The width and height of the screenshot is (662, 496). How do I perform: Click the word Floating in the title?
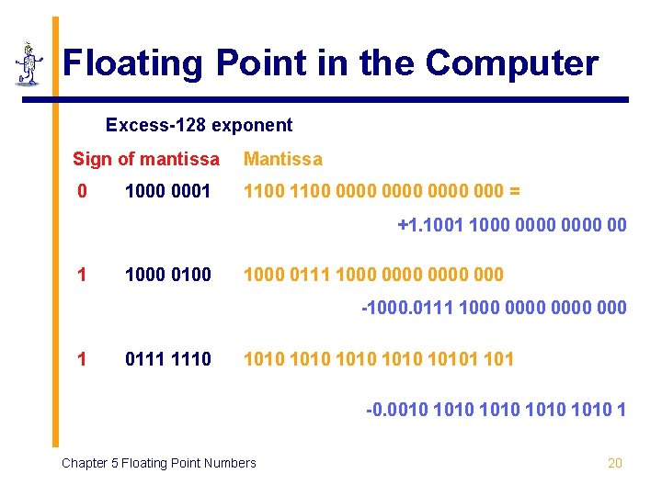pyautogui.click(x=133, y=63)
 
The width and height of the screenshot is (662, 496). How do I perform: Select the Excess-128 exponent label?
pyautogui.click(x=199, y=125)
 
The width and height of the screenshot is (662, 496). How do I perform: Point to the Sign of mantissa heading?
pyautogui.click(x=146, y=159)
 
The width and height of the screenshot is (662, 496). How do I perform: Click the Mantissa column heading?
pyautogui.click(x=283, y=159)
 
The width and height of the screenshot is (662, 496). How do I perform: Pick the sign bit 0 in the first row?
pyautogui.click(x=83, y=192)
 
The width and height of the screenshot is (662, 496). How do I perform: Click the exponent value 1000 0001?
pyautogui.click(x=168, y=192)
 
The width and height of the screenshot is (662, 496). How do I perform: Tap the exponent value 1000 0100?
pyautogui.click(x=168, y=275)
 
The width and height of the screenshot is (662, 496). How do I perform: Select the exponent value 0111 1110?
pyautogui.click(x=168, y=358)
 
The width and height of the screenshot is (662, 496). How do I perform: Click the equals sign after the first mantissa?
pyautogui.click(x=514, y=192)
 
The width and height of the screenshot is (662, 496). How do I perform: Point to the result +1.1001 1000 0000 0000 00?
pyautogui.click(x=512, y=224)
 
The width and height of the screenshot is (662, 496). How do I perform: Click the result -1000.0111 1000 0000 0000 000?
pyautogui.click(x=495, y=308)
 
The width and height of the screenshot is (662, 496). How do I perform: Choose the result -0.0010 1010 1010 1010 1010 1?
pyautogui.click(x=496, y=410)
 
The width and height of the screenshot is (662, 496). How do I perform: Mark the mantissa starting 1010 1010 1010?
pyautogui.click(x=378, y=358)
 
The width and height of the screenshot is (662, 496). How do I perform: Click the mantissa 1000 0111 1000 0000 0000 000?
pyautogui.click(x=373, y=275)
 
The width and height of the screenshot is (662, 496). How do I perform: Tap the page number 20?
pyautogui.click(x=615, y=463)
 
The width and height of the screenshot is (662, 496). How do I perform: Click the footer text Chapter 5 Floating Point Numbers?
pyautogui.click(x=159, y=463)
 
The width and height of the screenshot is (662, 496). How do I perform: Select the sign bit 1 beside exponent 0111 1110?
pyautogui.click(x=83, y=358)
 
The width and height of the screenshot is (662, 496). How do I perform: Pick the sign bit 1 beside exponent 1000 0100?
pyautogui.click(x=83, y=275)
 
